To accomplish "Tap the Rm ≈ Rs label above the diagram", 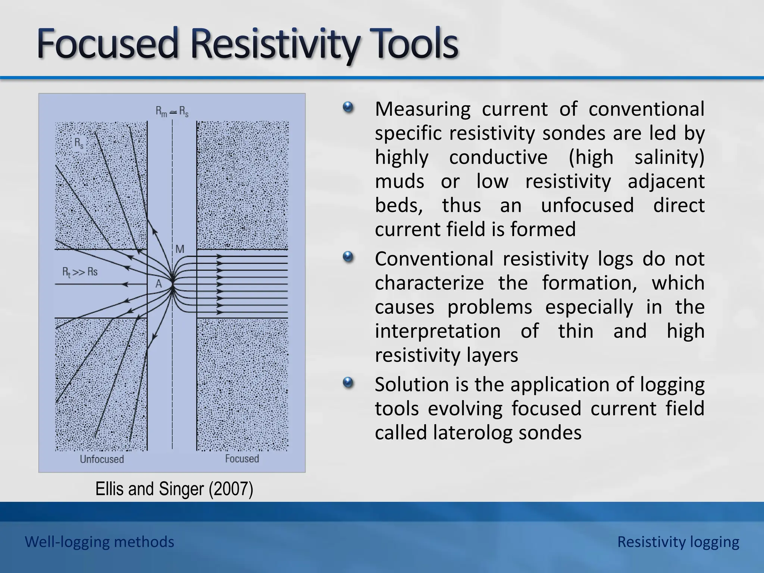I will click(172, 112).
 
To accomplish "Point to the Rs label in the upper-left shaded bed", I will click(79, 143).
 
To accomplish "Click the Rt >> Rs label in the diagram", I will click(80, 272).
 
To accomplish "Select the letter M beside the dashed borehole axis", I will click(180, 249).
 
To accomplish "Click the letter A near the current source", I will click(159, 284).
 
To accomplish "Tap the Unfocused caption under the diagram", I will click(102, 459).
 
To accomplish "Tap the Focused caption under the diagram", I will click(242, 458).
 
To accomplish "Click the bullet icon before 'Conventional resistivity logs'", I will click(348, 257).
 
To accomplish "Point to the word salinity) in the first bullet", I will click(669, 157).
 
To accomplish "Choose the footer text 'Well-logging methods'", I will click(100, 542).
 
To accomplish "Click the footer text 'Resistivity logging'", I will click(678, 542).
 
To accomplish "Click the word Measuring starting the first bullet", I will click(422, 109).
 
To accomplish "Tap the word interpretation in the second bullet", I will click(437, 331).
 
